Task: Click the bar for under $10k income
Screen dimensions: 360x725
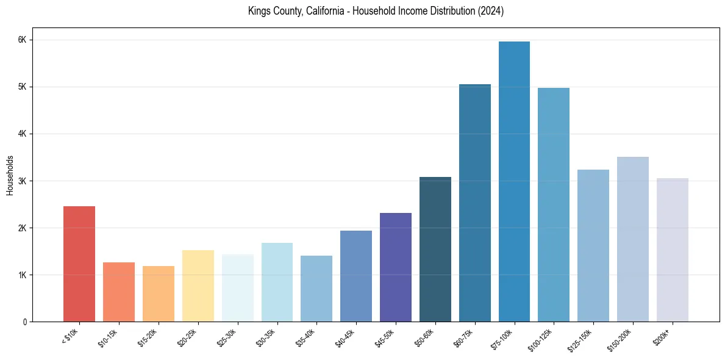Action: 79,264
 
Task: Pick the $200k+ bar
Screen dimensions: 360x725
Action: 672,250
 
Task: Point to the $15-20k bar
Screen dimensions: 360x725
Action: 159,293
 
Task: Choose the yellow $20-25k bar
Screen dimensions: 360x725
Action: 198,286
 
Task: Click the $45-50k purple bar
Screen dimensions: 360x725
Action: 395,267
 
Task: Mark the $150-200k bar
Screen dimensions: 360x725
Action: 632,239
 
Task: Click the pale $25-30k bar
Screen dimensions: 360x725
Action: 237,288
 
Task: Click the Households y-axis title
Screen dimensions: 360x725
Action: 10,175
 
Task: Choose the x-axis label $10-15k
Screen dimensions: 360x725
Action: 109,337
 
